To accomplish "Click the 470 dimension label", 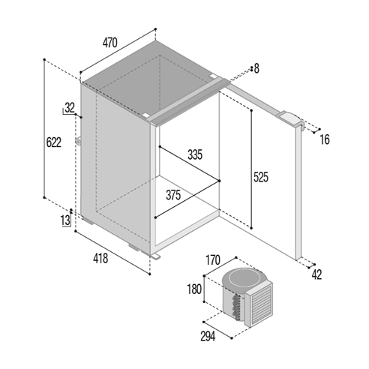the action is tap(109, 43).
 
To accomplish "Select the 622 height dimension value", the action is tap(54, 142).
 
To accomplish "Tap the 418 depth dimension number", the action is tap(100, 258).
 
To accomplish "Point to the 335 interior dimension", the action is tap(195, 154).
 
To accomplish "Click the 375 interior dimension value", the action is tap(173, 195).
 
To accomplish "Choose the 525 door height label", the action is tap(261, 177).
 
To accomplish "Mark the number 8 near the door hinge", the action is tap(256, 68).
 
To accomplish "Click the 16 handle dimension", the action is tap(325, 139).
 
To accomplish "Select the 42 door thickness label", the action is tap(316, 274).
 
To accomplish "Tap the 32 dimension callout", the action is tap(70, 108).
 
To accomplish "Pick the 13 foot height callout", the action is tap(65, 220).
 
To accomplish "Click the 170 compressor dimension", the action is tap(213, 260).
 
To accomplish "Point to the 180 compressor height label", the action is tap(194, 289).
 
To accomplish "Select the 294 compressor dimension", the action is tap(208, 336).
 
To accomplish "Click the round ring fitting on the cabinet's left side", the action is tap(79, 141).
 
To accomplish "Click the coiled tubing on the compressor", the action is tap(236, 307).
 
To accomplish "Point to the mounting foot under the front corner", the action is tap(155, 256).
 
